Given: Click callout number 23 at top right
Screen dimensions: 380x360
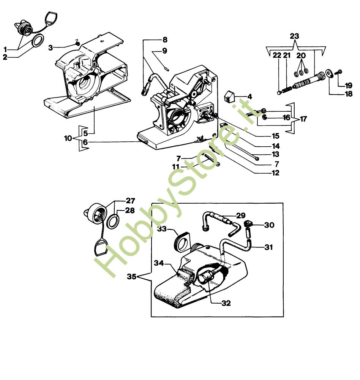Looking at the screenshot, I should coord(294,36).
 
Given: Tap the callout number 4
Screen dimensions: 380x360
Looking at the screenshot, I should coord(249,97).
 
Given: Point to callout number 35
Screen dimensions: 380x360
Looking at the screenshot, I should coord(131,277).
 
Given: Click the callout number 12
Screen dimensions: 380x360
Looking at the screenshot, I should coord(275,173).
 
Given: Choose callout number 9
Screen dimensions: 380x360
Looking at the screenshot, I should coord(164,51).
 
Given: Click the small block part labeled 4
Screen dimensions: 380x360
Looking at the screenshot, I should coord(229,97).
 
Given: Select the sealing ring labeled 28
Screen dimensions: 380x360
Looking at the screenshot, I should coord(112,221).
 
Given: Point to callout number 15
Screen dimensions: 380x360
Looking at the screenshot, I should coord(275,136).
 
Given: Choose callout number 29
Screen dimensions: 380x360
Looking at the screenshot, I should coord(241,215).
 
